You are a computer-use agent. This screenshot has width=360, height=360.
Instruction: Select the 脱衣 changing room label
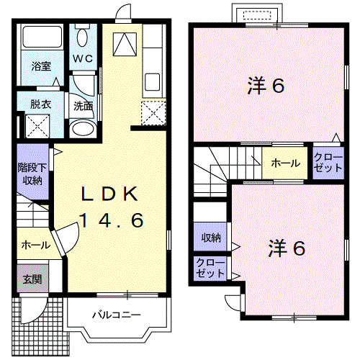41,104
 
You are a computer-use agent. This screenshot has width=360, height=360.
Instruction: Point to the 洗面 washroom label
82,105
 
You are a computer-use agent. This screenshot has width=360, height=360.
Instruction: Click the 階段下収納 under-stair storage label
31,173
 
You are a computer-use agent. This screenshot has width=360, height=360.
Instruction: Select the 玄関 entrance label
31,279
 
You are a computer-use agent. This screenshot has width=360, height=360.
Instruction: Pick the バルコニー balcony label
115,315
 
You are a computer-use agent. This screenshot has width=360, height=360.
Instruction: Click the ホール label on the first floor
35,244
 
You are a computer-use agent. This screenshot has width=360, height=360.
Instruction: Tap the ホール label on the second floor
286,163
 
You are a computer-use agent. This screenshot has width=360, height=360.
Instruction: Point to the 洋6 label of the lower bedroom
287,249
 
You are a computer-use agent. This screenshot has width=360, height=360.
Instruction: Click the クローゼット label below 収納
210,269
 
